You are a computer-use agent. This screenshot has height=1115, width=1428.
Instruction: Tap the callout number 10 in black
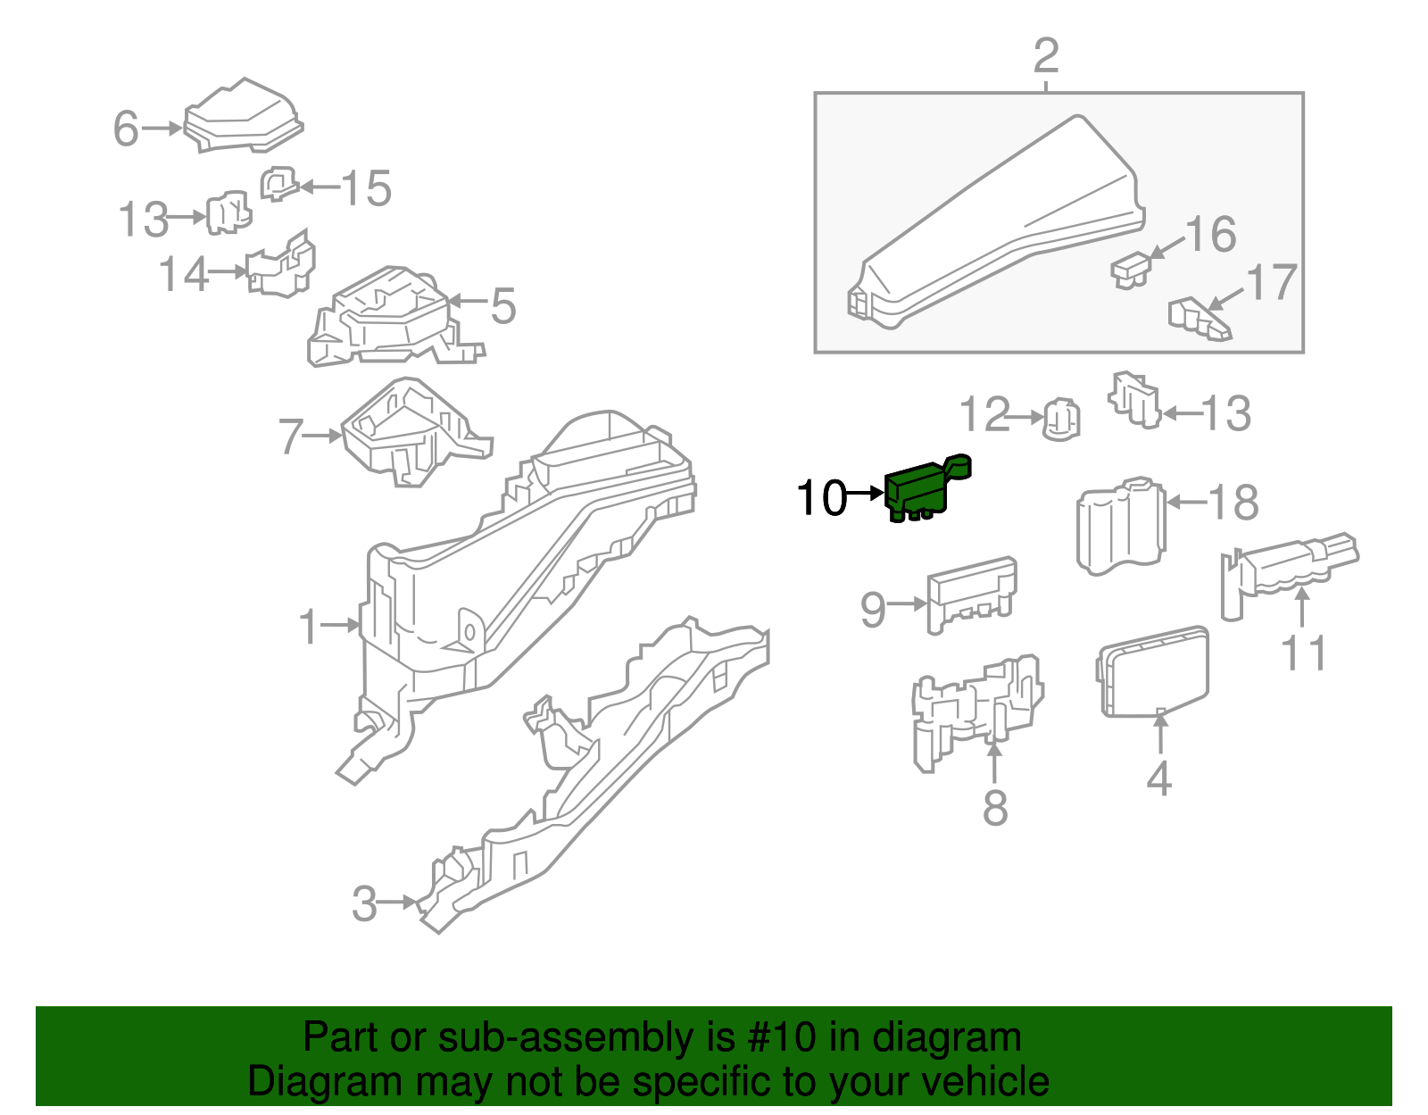(821, 498)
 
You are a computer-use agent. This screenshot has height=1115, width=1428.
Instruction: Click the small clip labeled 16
(1131, 268)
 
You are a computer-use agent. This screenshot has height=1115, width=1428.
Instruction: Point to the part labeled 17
(1198, 320)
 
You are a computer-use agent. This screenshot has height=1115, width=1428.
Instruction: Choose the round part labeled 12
(1062, 420)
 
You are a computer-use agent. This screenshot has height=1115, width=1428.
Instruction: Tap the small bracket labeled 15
(278, 184)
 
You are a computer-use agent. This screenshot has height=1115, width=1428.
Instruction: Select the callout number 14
(184, 274)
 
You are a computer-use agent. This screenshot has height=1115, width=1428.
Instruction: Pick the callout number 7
(291, 437)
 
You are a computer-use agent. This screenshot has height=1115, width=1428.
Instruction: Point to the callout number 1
(309, 627)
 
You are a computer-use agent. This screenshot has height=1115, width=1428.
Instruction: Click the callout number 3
(364, 903)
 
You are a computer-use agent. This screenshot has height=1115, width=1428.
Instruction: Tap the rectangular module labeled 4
(1153, 671)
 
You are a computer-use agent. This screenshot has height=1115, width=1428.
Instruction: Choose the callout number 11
(1304, 653)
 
